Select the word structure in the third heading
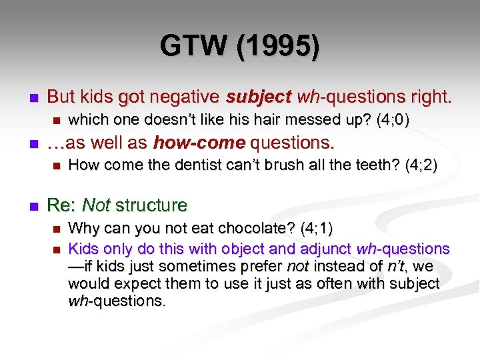tap(151, 205)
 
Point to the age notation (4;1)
tap(316, 229)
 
